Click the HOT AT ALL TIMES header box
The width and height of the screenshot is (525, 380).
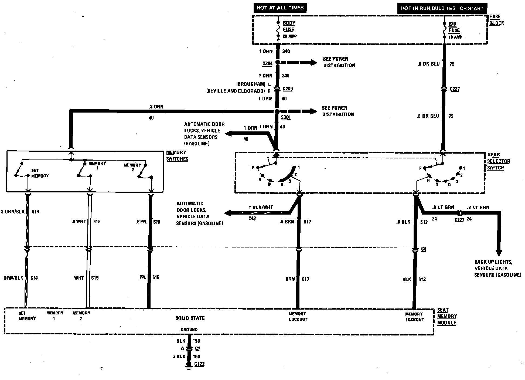coord(280,8)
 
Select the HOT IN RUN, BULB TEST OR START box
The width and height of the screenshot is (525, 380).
coord(442,8)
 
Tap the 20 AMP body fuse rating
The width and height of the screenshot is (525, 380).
coord(290,36)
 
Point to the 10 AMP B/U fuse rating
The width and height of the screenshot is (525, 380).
coord(455,37)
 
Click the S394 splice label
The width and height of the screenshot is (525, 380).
coord(267,64)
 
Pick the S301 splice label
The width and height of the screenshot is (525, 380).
coord(286,117)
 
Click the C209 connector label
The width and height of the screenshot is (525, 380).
coord(288,89)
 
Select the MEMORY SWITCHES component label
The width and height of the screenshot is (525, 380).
coord(177,156)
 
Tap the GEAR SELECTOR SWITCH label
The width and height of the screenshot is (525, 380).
coord(499,161)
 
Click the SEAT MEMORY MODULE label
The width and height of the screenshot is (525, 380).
coord(446,316)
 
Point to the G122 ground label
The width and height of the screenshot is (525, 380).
coord(199,364)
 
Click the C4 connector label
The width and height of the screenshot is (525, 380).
coord(424,249)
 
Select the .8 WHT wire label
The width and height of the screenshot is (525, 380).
coord(79,222)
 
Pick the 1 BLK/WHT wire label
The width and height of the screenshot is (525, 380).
coord(261,207)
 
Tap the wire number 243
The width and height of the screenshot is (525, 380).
coord(252,218)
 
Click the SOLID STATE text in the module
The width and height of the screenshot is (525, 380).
coord(190,318)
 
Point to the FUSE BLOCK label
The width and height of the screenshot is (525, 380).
coord(496,20)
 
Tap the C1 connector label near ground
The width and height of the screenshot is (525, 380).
coord(197,348)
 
